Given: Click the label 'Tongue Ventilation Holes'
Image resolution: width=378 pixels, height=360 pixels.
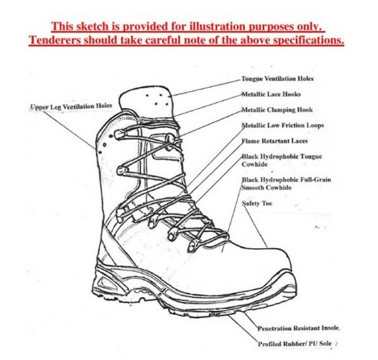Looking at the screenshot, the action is (x=277, y=79).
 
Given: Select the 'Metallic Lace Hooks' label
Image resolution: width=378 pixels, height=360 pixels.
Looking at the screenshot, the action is (x=271, y=94).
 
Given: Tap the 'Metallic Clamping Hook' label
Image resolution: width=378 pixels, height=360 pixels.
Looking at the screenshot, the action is (x=277, y=110).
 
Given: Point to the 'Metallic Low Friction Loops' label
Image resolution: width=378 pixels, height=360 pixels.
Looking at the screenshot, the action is (x=283, y=126).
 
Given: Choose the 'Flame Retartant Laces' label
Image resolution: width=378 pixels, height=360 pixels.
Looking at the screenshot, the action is (x=274, y=141).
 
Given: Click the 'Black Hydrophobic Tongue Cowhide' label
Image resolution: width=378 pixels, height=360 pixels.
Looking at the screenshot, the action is (x=281, y=160).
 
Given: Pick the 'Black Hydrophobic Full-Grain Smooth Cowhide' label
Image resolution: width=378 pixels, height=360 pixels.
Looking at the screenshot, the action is (x=286, y=184).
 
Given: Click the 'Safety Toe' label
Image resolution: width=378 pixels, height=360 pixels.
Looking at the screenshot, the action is (x=257, y=203).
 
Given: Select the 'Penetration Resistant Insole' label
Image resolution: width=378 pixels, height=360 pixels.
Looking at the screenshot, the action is (x=298, y=328).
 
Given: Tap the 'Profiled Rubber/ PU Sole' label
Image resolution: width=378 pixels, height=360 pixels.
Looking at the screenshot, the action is (x=295, y=344).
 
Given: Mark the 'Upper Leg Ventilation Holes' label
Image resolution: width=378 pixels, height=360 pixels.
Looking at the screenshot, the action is (x=71, y=106).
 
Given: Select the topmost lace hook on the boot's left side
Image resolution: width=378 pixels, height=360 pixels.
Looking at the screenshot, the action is (x=120, y=134).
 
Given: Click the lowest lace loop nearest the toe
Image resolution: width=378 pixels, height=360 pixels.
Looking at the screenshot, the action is (x=193, y=246).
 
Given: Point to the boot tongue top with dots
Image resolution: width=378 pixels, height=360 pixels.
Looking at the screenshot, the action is (x=147, y=101).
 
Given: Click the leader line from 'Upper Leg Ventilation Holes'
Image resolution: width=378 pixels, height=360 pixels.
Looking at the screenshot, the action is (x=69, y=130).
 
